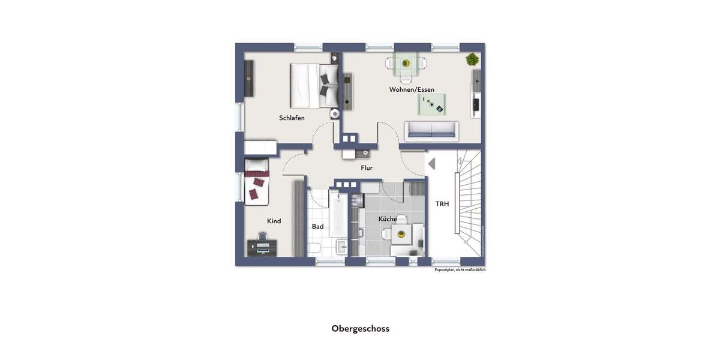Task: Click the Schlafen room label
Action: click(292, 118)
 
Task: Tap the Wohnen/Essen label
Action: click(412, 90)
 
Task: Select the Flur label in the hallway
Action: click(367, 168)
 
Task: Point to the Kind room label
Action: click(274, 221)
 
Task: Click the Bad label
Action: click(317, 227)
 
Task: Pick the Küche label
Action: click(387, 219)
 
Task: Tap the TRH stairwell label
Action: click(442, 204)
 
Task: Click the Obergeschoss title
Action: click(360, 329)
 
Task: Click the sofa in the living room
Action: click(431, 131)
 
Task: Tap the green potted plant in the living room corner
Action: click(472, 59)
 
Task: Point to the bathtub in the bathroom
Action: click(337, 214)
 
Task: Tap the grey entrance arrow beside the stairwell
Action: click(431, 163)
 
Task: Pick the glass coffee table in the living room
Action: click(432, 104)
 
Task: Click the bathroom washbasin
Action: click(341, 247)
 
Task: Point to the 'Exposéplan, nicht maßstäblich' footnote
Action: click(460, 270)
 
